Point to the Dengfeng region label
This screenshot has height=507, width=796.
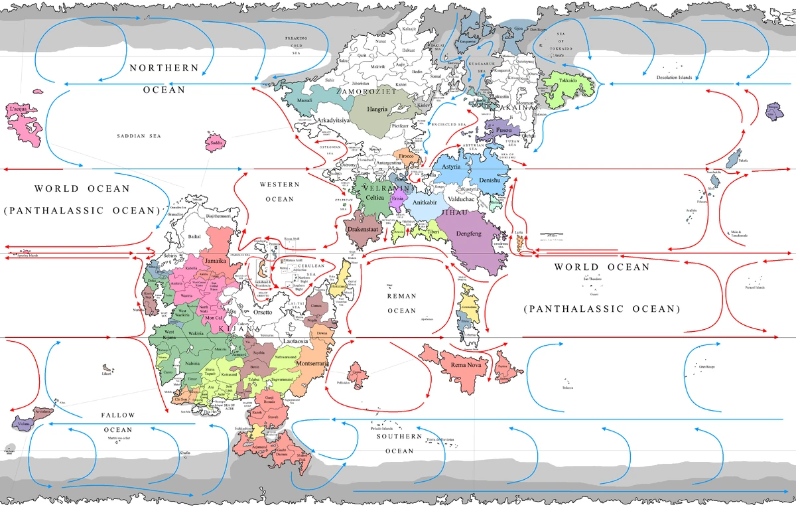click(469, 234)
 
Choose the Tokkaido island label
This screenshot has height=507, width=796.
click(568, 82)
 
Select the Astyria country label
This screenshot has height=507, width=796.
click(450, 167)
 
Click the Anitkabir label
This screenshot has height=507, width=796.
click(425, 202)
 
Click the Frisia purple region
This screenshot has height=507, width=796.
click(398, 198)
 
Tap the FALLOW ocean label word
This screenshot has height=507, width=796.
click(118, 415)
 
